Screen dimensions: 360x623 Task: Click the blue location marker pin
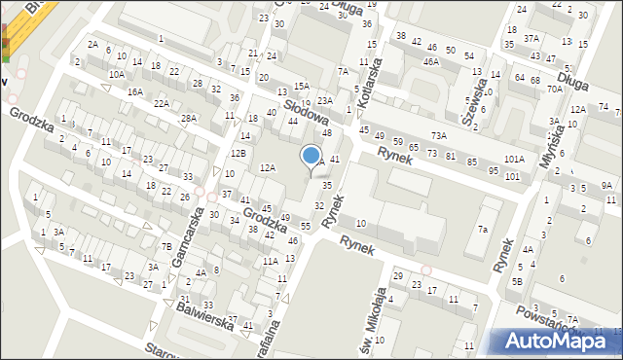click(x=311, y=156)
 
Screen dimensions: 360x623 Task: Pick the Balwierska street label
click(x=204, y=317)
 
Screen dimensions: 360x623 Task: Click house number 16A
click(x=135, y=91)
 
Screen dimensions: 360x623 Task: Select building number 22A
click(x=162, y=103)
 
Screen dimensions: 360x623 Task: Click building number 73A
click(x=439, y=135)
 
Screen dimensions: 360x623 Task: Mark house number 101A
click(x=514, y=159)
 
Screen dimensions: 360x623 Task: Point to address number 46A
click(x=430, y=61)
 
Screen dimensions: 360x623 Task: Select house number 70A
click(x=555, y=89)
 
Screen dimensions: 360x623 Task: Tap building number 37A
click(x=531, y=38)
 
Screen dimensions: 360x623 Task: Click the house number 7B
click(x=166, y=246)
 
